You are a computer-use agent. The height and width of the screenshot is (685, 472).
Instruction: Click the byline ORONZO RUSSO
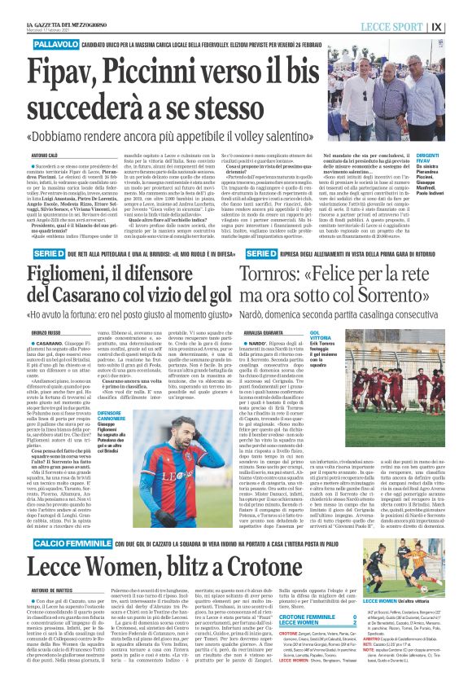coord(46,332)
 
